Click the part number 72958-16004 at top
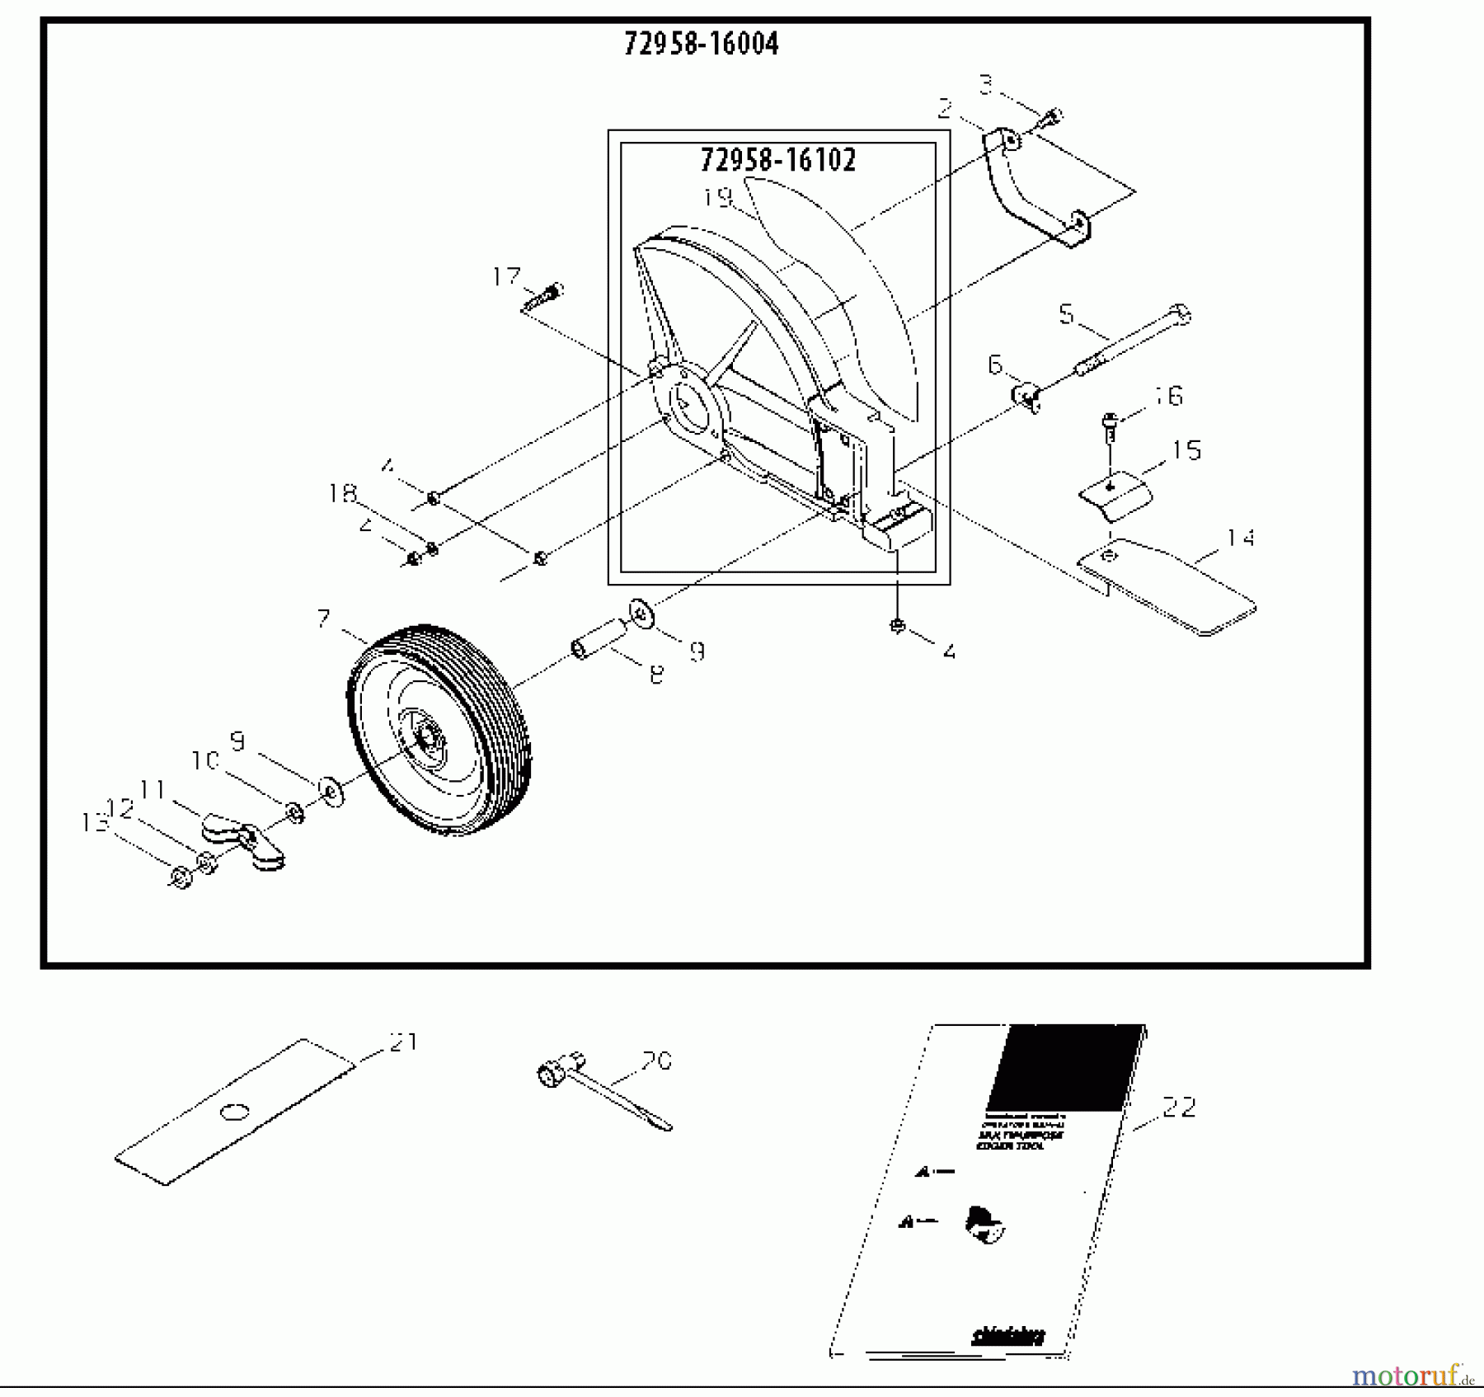click(701, 44)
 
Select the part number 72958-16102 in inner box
click(778, 160)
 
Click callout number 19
click(718, 198)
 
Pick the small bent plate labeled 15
click(1115, 496)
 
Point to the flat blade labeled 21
click(235, 1112)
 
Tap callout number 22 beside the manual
click(1178, 1108)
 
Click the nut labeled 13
click(181, 877)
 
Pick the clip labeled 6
click(1024, 396)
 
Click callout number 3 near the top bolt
click(986, 83)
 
